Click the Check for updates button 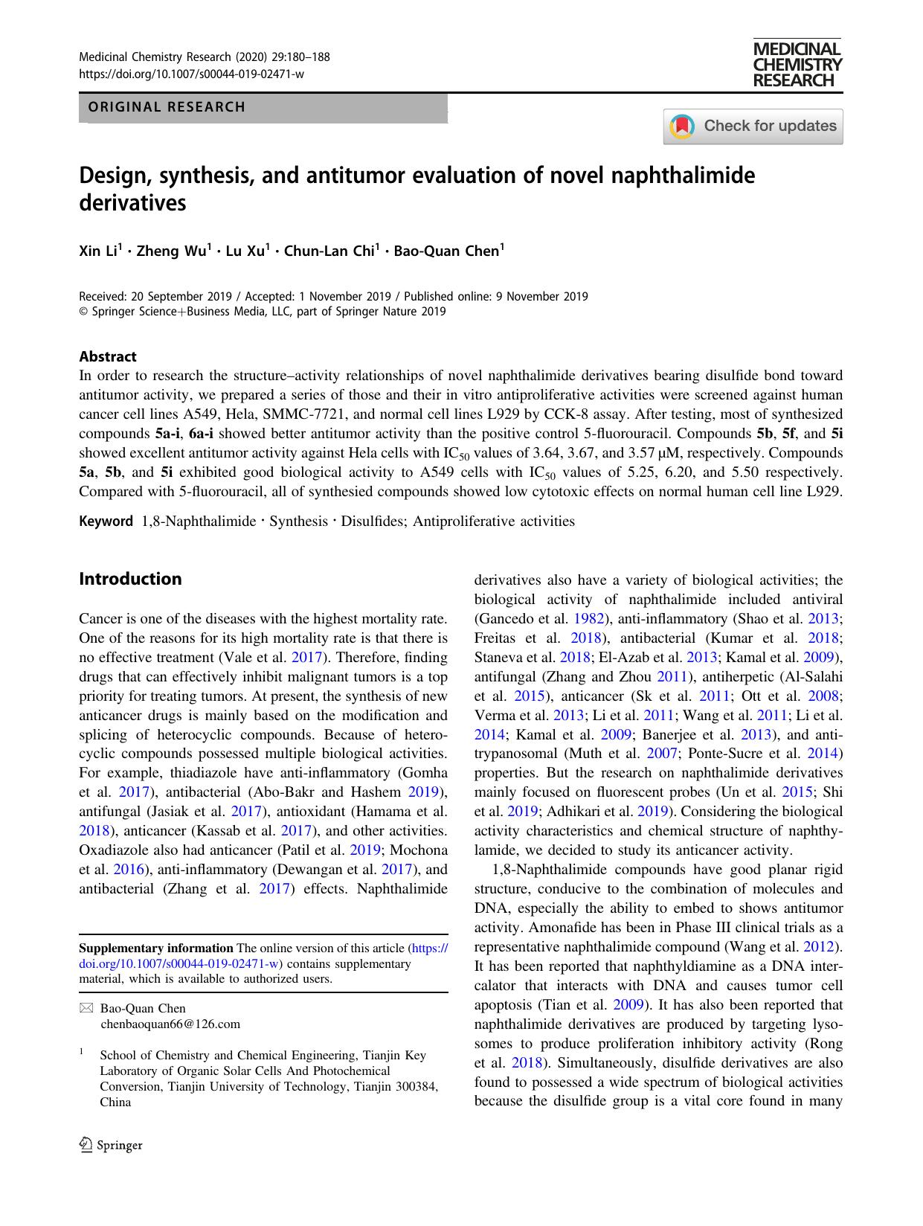click(x=753, y=126)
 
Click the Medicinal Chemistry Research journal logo click(x=797, y=65)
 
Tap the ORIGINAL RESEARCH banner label click(x=167, y=107)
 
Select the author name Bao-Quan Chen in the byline click(x=446, y=251)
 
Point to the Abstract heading click(x=108, y=356)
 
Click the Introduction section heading click(x=130, y=579)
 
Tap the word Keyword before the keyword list click(x=106, y=521)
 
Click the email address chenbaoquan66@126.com click(x=170, y=1024)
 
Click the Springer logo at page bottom click(x=111, y=1146)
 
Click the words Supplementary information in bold click(x=156, y=948)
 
